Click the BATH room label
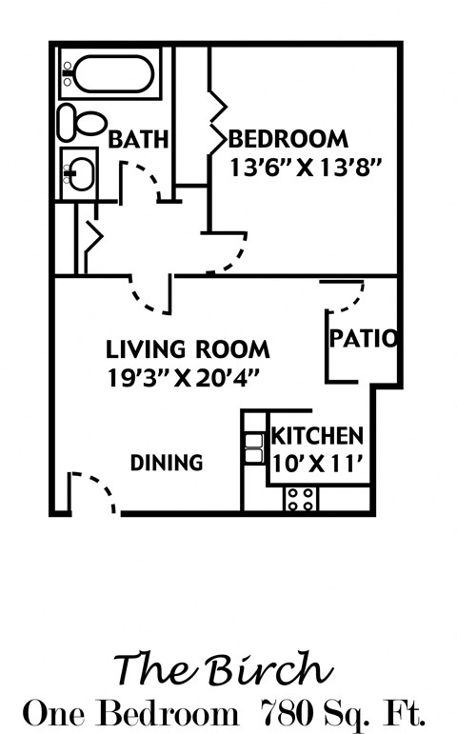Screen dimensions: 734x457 click(x=138, y=139)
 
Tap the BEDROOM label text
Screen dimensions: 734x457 click(x=288, y=139)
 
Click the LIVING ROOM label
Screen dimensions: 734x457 click(x=188, y=348)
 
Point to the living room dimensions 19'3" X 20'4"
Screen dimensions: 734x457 click(x=185, y=375)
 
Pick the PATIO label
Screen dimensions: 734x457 click(x=364, y=338)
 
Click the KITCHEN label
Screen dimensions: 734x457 click(x=317, y=437)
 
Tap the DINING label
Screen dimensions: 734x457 click(x=167, y=464)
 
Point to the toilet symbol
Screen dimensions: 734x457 click(x=82, y=122)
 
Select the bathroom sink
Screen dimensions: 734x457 click(x=80, y=172)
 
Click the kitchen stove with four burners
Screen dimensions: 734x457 click(x=301, y=497)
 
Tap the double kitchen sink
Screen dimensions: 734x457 click(x=253, y=447)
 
